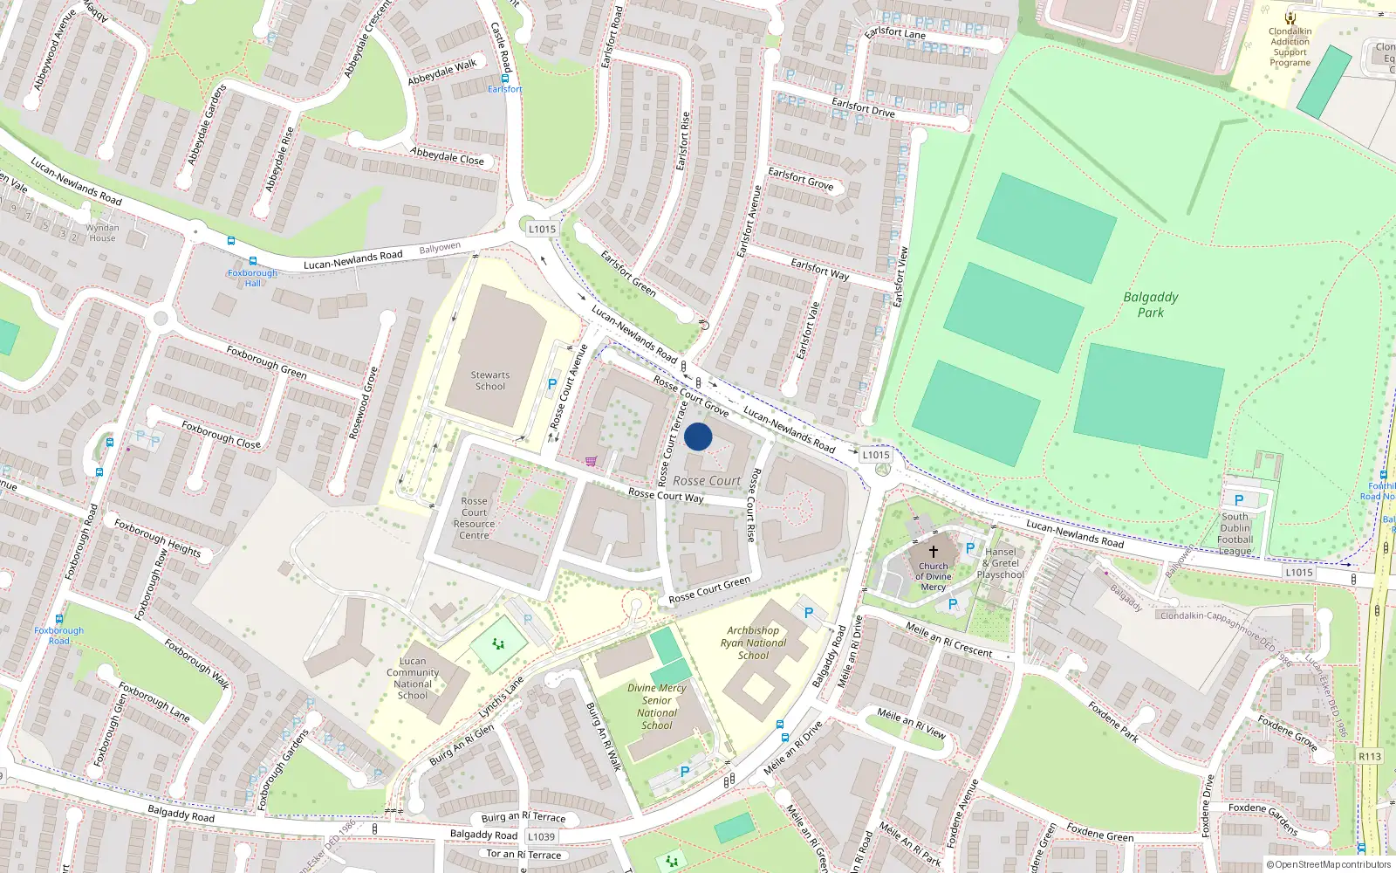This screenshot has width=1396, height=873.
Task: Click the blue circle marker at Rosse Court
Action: [698, 436]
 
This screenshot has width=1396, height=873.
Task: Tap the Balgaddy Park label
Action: [1150, 305]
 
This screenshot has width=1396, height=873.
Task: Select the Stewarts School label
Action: [489, 381]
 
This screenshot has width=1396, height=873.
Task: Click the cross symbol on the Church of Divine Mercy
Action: [933, 552]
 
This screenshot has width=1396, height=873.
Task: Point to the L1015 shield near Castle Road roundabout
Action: [542, 229]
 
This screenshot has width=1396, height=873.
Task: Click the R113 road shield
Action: [1369, 756]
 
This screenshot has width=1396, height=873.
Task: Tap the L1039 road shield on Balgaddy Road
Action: [541, 836]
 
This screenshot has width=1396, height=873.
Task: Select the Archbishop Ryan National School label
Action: [753, 643]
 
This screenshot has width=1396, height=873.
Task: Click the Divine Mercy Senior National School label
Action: [656, 706]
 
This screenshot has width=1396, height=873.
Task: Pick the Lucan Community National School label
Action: [413, 678]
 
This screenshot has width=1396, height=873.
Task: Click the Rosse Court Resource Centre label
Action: [474, 519]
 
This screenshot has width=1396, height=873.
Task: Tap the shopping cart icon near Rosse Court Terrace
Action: [592, 461]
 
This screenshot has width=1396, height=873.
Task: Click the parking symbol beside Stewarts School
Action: [551, 384]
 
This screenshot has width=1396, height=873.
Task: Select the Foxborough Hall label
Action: [252, 278]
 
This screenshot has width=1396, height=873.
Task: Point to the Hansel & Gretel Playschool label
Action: [1001, 563]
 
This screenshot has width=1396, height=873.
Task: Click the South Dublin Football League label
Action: [1235, 533]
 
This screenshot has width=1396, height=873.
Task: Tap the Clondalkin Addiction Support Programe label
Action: [1290, 47]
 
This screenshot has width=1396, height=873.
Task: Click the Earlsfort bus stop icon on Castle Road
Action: [504, 79]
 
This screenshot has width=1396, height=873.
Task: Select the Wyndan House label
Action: [102, 232]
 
